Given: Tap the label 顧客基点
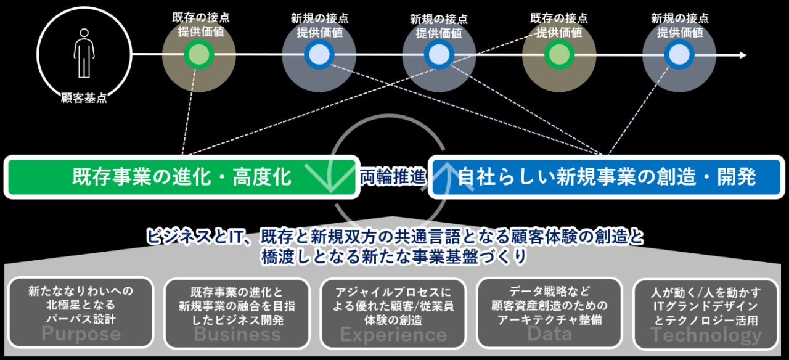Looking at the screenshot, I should (x=84, y=98).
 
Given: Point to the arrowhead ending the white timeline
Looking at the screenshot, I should (x=743, y=55).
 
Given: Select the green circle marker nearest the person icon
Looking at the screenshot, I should (x=198, y=55).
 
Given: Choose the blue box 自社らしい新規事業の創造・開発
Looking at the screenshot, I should (x=606, y=177).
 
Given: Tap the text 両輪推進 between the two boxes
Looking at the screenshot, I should (x=393, y=178).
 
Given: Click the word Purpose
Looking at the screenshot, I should (x=81, y=335).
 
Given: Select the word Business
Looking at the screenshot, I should (x=237, y=335).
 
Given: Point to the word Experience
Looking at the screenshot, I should (x=393, y=335).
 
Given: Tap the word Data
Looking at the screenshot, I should (x=549, y=333).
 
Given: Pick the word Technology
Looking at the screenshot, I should (x=706, y=335).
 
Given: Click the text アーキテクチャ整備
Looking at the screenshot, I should (x=549, y=320).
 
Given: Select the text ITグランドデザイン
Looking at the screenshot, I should (x=706, y=306).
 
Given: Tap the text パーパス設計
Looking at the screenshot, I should (x=81, y=319).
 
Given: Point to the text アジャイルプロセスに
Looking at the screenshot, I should (x=393, y=292).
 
